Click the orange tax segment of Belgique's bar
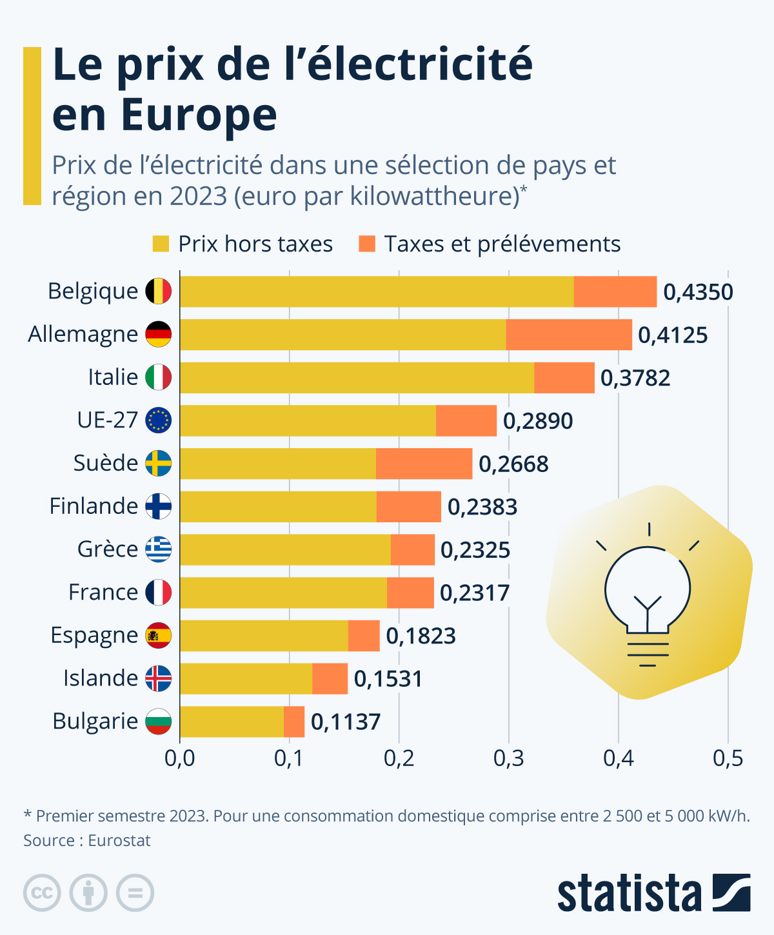coord(615,291)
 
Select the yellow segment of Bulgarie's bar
coord(232,722)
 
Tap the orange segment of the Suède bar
coord(424,464)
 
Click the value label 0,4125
coord(673,335)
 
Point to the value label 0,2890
coord(538,421)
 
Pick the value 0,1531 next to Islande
coord(388,679)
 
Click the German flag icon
coord(158,334)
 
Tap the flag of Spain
coord(158,635)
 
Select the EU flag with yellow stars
coord(158,420)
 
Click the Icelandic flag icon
coord(158,678)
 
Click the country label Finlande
coord(94,506)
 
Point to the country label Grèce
coord(108,549)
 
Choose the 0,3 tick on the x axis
coord(508,758)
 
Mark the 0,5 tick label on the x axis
coord(728,758)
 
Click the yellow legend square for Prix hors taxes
coord(161,244)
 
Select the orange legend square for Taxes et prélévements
coord(367,244)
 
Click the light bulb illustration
coord(648,593)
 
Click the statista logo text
coord(629,894)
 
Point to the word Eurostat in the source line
coord(119,841)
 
